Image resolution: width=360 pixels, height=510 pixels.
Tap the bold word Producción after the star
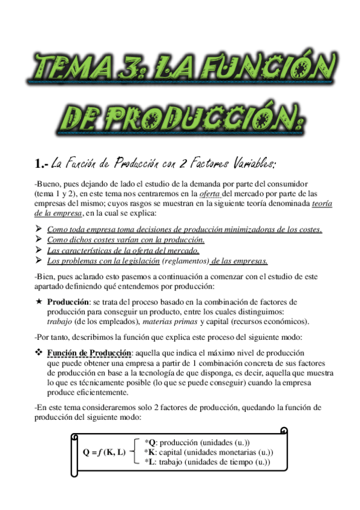pos(68,301)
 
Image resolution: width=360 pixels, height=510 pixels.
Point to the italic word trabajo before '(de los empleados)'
pos(60,321)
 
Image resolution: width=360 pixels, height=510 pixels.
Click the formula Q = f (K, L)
pos(104,452)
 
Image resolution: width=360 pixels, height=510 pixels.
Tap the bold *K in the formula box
pos(150,452)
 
